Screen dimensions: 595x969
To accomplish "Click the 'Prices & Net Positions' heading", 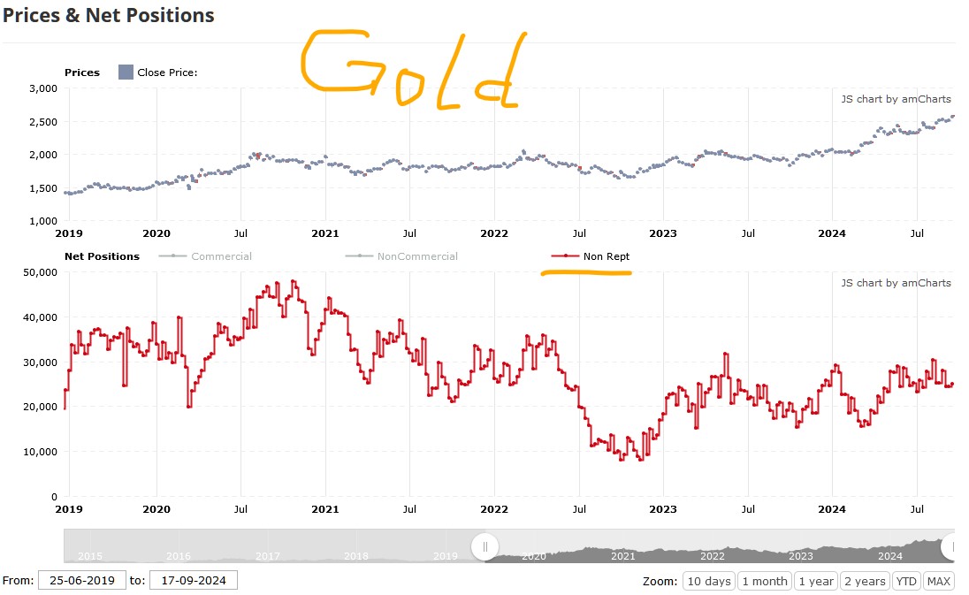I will pos(108,16).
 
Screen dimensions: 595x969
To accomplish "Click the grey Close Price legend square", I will pos(126,72).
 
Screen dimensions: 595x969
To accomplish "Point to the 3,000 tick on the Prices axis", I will pos(42,88).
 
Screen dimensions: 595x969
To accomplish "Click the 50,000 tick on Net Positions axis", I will pos(39,272).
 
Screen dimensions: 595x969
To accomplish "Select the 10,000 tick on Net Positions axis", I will pos(39,452).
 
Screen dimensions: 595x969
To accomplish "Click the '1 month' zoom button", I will pos(765,581).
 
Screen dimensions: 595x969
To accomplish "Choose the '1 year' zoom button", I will pos(816,581).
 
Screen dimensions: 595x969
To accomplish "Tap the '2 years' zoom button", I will pos(865,581).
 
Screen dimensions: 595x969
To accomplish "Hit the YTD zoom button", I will pos(905,581).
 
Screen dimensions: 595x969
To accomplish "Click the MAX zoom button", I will pos(938,581).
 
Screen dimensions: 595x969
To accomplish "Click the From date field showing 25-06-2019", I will pos(81,581).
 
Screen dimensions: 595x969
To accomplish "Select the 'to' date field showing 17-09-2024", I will pos(193,581).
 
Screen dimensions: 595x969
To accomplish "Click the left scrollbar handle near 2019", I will pos(485,546).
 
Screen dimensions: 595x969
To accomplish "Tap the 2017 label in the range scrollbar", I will pos(268,556).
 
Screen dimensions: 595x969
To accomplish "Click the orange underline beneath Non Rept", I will pos(586,272).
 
